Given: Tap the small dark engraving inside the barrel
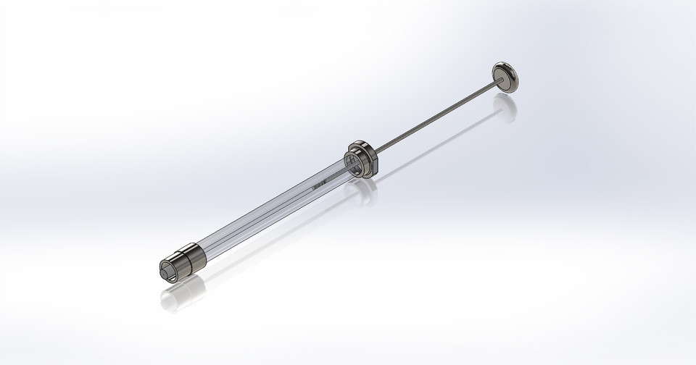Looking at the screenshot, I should [x=317, y=186].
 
